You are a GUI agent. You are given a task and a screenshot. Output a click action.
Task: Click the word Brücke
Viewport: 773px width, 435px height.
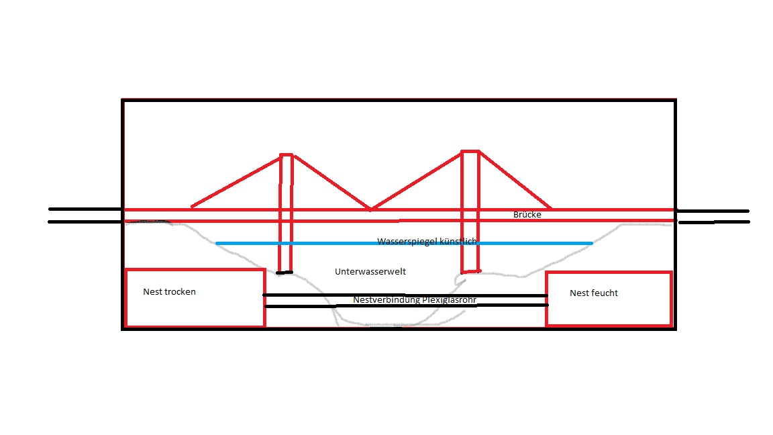point(527,215)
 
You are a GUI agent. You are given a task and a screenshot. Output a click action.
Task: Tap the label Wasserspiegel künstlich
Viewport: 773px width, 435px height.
point(427,241)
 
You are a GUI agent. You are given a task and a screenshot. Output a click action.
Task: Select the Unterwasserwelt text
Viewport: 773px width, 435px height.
point(370,272)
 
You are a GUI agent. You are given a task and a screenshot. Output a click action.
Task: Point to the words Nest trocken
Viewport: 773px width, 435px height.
point(169,292)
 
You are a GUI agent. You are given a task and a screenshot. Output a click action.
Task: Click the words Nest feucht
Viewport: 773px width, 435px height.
point(593,293)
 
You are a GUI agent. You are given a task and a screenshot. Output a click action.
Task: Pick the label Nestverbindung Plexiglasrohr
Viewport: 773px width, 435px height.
point(415,300)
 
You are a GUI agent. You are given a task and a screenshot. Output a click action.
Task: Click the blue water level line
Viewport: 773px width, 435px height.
point(302,244)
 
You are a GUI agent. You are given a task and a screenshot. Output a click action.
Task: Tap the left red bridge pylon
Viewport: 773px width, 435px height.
point(287,222)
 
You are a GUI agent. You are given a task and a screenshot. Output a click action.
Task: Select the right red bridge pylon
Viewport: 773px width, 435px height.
point(470,222)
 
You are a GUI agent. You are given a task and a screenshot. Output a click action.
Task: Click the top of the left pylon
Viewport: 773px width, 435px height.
point(287,155)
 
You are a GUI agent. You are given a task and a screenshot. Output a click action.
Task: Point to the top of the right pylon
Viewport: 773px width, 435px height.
point(470,152)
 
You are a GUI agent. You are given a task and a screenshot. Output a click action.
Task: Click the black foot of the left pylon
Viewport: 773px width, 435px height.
point(285,273)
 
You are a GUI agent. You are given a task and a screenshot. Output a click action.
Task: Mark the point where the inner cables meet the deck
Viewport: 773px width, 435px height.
point(370,209)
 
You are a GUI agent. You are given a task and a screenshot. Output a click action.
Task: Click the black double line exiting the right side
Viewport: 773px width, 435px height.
point(713,216)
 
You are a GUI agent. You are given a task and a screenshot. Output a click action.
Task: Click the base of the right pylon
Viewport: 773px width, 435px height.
point(470,271)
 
